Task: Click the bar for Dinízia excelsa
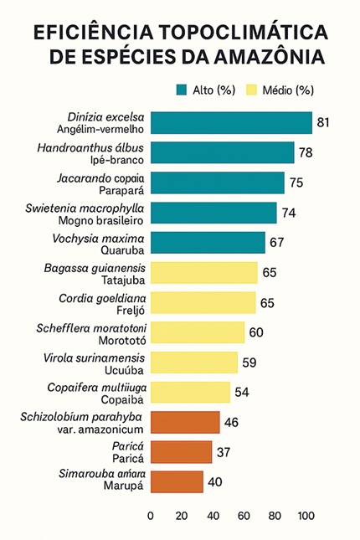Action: (231, 123)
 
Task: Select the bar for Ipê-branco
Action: (223, 152)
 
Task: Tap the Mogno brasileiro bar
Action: (213, 213)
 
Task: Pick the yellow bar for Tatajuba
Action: (204, 273)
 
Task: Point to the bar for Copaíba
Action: (190, 392)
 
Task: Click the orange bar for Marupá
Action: (177, 481)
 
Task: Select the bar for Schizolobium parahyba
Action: (185, 422)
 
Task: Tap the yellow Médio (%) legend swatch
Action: (249, 90)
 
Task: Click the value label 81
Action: (324, 123)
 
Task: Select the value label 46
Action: (232, 422)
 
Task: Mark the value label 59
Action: (250, 363)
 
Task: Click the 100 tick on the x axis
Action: (306, 516)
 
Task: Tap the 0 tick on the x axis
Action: (151, 516)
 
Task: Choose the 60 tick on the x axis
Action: (244, 516)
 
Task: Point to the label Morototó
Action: (117, 339)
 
